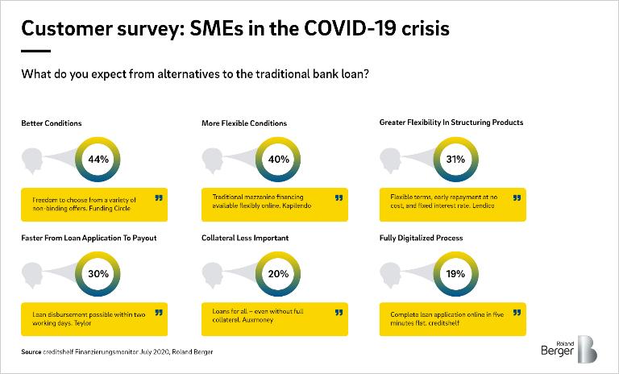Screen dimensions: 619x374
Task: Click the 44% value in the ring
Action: (98, 159)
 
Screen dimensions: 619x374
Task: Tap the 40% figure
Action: (279, 159)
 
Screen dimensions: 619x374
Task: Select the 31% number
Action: (455, 159)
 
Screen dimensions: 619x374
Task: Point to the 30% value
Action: (98, 274)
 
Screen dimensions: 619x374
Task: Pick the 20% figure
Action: (278, 274)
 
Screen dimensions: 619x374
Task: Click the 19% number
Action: (455, 274)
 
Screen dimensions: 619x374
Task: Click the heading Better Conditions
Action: (52, 123)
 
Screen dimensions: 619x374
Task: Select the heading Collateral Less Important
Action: (245, 238)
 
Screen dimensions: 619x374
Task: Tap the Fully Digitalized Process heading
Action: (422, 238)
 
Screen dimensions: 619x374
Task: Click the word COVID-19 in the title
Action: (350, 28)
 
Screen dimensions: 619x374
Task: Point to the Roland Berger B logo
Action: (588, 349)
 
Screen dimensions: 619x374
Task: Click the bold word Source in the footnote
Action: (31, 352)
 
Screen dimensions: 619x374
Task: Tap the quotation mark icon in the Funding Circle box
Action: (159, 197)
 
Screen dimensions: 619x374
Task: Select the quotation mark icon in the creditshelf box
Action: (517, 313)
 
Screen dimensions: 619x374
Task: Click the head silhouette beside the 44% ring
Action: (32, 160)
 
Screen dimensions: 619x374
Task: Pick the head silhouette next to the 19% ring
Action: (390, 276)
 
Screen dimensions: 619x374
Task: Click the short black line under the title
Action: (36, 51)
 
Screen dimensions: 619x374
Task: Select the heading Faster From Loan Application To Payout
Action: (89, 238)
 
